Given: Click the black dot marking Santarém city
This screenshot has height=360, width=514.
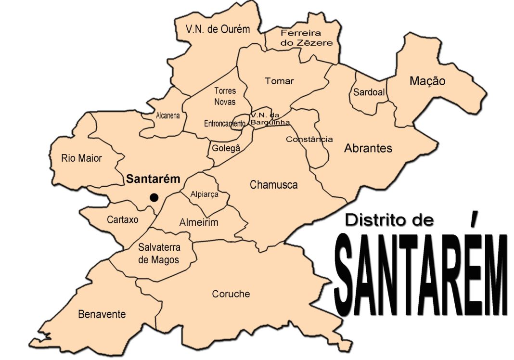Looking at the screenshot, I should tap(154, 197).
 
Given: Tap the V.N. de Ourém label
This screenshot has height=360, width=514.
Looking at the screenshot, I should tap(218, 29).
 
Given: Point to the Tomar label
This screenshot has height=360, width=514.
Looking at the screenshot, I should tap(279, 81).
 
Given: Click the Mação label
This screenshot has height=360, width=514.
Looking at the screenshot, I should tap(427, 81).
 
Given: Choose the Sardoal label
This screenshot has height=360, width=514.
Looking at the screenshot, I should tap(369, 92).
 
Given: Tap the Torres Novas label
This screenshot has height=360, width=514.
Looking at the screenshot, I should tap(225, 96).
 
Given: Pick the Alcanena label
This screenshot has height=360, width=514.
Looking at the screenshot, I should tap(168, 116).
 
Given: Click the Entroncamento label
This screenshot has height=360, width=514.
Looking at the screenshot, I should tap(225, 124).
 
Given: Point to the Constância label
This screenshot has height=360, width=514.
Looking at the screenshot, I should tap(309, 140).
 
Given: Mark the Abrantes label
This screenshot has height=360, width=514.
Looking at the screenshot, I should tap(368, 148).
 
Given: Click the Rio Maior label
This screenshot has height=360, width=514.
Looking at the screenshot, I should tap(82, 158).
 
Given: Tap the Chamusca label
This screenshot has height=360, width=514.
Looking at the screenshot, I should tap(274, 184).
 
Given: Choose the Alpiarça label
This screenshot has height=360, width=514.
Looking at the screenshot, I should tap(205, 194).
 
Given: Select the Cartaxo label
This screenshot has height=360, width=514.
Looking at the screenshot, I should tap(123, 219).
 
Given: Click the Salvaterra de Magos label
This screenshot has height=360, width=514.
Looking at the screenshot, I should tap(159, 254).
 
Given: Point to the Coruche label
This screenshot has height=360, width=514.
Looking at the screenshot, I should tap(231, 294).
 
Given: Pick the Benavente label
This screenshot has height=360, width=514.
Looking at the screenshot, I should tap(102, 314).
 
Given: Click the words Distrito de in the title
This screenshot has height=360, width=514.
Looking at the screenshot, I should tap(389, 220).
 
